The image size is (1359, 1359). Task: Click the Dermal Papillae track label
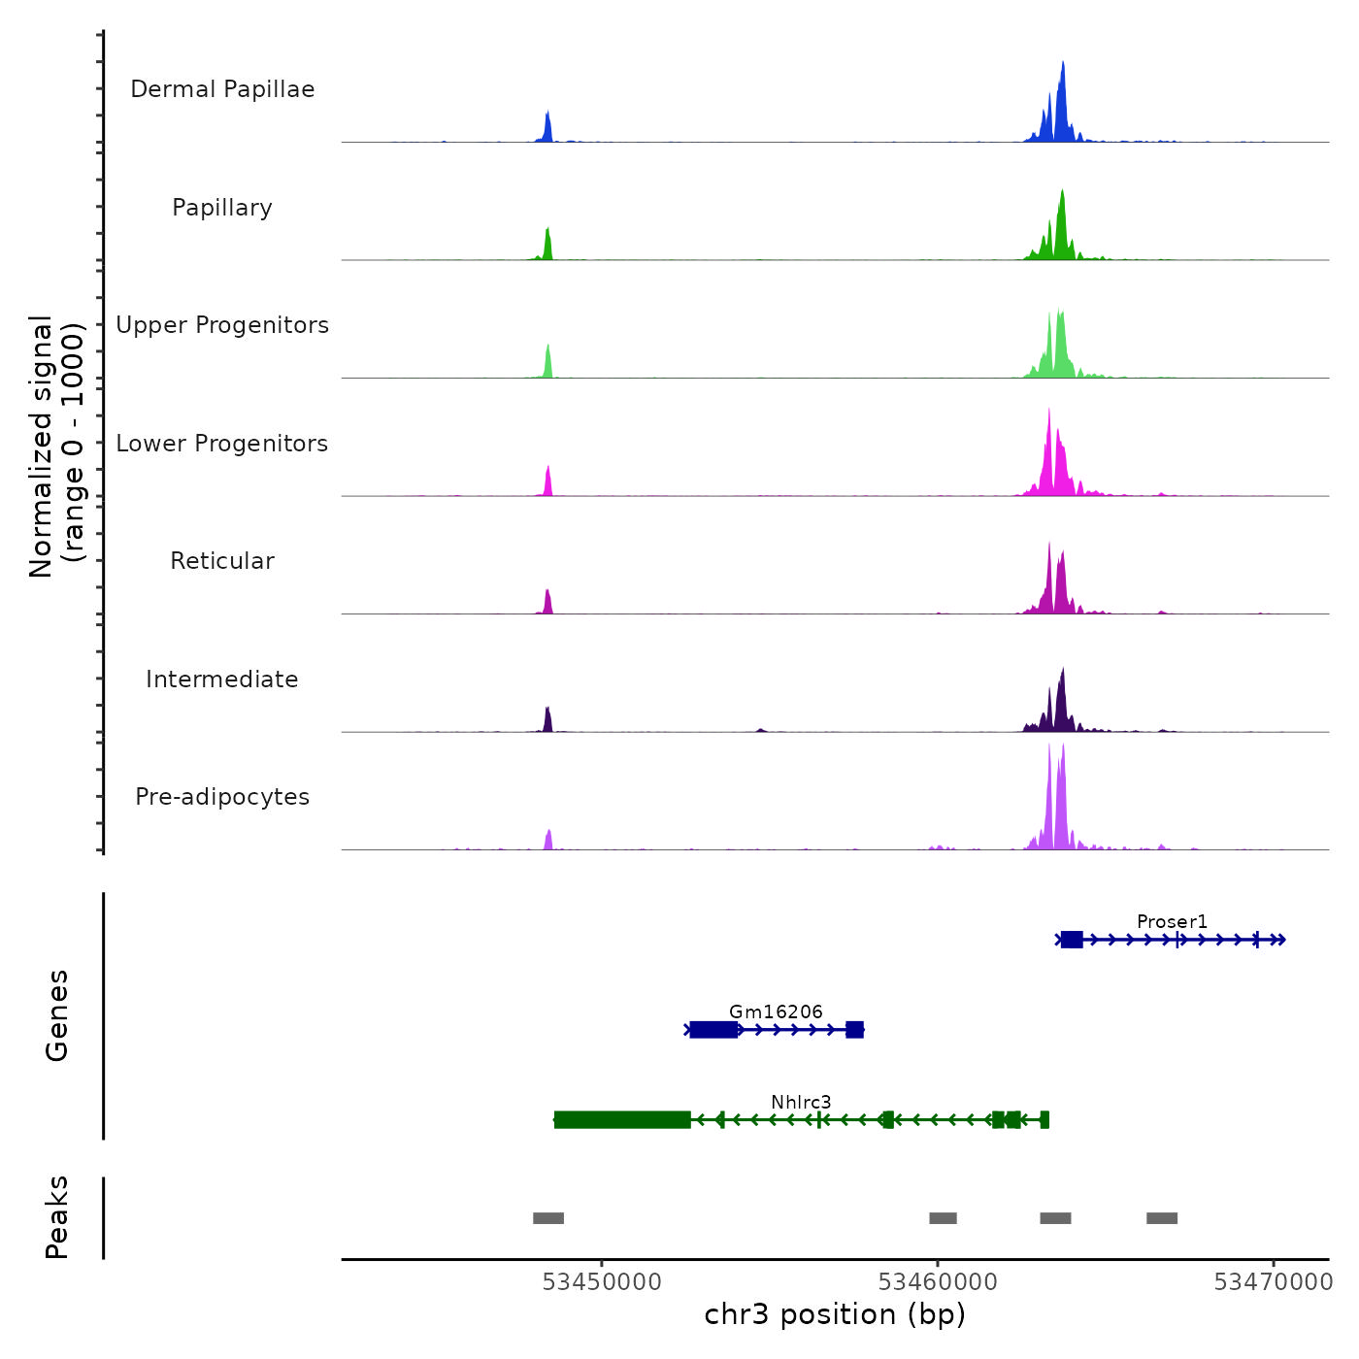pos(222,89)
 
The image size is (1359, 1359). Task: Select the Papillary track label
pos(222,208)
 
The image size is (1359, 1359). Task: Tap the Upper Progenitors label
pos(222,325)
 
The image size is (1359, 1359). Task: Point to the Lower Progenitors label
pos(222,444)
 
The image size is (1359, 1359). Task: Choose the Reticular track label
pos(222,561)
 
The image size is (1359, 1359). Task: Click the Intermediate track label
pos(222,679)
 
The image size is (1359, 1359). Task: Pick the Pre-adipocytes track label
pos(222,797)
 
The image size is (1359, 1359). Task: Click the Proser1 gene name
pos(1172,921)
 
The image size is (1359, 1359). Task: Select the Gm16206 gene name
pos(776,1011)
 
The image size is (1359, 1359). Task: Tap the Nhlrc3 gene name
pos(801,1102)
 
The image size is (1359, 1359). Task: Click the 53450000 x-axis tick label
pos(602,1282)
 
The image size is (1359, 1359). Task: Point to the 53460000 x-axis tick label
pos(938,1282)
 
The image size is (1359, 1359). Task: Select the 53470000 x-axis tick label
pos(1274,1282)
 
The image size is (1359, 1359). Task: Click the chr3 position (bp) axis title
pos(835,1314)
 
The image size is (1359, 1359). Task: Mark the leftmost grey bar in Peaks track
pos(548,1218)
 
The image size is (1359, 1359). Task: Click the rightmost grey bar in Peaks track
pos(1162,1218)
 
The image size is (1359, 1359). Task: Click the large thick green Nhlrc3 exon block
pos(622,1120)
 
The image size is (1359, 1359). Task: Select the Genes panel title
pos(57,1015)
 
